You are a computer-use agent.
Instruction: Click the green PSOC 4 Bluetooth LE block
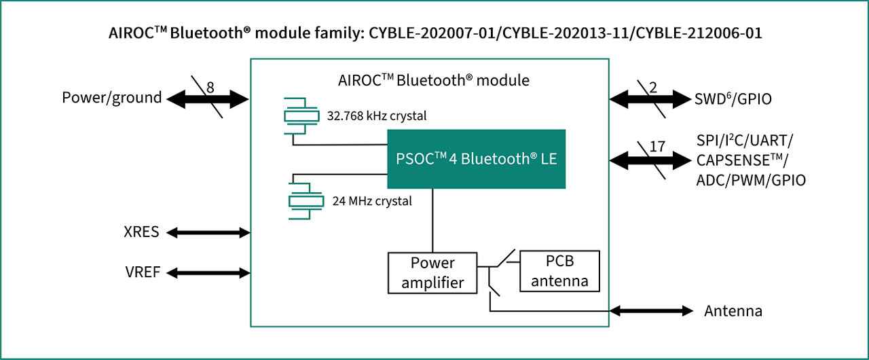coord(476,158)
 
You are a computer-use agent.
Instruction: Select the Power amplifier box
coord(432,272)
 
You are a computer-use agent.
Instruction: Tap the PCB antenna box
coord(559,271)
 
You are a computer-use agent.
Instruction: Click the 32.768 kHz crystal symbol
coord(301,116)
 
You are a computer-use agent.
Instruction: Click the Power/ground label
coord(112,98)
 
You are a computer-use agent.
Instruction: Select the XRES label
coord(142,232)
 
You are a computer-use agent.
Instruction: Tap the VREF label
coord(142,273)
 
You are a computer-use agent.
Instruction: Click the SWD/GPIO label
coord(734,99)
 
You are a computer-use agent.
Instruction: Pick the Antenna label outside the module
coord(733,311)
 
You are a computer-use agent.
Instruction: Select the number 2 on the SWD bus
coord(654,87)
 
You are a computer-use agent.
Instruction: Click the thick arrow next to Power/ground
coord(208,100)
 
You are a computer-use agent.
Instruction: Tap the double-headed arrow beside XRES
coord(208,232)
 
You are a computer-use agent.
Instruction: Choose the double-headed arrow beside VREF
coord(208,273)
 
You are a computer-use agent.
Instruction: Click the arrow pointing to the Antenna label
coord(651,311)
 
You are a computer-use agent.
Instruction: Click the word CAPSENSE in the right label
coord(733,160)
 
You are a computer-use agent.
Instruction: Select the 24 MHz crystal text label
coord(372,201)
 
